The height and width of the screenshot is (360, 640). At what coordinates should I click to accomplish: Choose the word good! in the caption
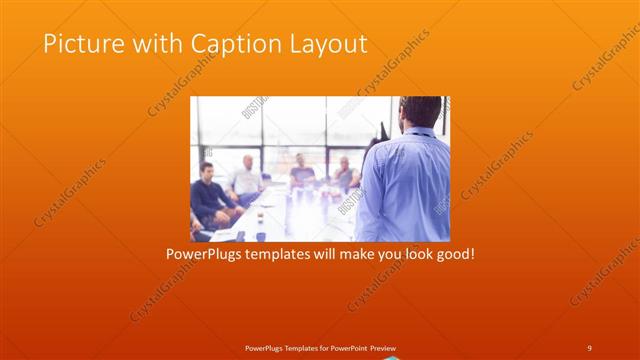pyautogui.click(x=453, y=254)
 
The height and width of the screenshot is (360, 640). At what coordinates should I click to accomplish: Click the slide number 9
pyautogui.click(x=589, y=347)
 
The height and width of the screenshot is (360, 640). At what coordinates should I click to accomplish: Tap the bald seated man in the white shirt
pyautogui.click(x=246, y=178)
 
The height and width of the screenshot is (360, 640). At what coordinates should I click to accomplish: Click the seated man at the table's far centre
pyautogui.click(x=301, y=172)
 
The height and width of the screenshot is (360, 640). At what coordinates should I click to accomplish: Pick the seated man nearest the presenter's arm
pyautogui.click(x=344, y=174)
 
